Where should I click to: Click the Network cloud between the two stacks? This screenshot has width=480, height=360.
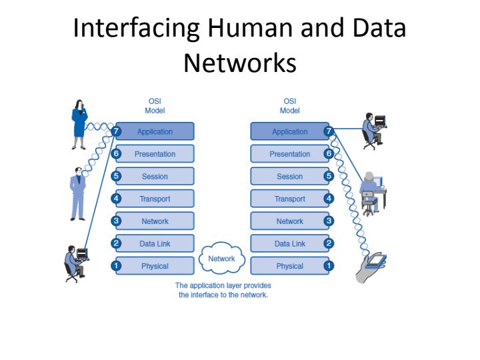tap(222, 259)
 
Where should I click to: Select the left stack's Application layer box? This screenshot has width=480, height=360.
tap(155, 131)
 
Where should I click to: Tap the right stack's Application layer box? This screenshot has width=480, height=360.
tap(289, 131)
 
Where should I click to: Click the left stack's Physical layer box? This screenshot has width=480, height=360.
tap(155, 266)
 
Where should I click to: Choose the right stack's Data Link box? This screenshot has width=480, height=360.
tap(289, 244)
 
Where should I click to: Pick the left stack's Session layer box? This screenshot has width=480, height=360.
tap(155, 177)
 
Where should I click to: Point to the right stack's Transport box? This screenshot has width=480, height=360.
tap(289, 199)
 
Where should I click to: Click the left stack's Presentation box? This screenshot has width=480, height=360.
tap(155, 154)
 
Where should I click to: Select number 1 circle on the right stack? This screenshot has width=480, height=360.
tap(328, 266)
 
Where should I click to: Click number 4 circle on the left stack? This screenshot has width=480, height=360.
tap(116, 199)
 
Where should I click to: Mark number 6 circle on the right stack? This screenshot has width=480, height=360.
tap(328, 154)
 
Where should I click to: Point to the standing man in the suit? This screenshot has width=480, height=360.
tap(78, 193)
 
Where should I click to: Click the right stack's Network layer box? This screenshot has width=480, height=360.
tap(289, 221)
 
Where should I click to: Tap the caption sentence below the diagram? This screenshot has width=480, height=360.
tap(223, 290)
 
